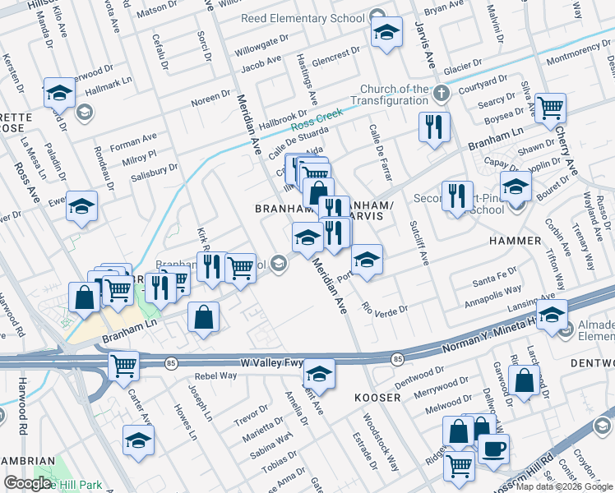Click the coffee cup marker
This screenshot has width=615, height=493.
click(x=493, y=449)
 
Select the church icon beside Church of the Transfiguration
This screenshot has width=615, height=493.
click(x=442, y=92)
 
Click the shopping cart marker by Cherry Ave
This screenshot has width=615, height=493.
click(x=550, y=107)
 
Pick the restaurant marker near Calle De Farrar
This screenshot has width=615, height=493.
click(x=434, y=127)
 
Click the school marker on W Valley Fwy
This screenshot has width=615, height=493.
click(x=318, y=374)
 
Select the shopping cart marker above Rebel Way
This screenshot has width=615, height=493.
click(x=123, y=365)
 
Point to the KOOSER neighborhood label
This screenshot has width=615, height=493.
click(x=377, y=398)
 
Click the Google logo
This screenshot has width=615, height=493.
click(x=28, y=483)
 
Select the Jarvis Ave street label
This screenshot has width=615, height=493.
click(x=428, y=48)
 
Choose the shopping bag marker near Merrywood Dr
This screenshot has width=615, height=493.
click(x=524, y=380)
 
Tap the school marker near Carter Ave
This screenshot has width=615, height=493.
click(x=138, y=440)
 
